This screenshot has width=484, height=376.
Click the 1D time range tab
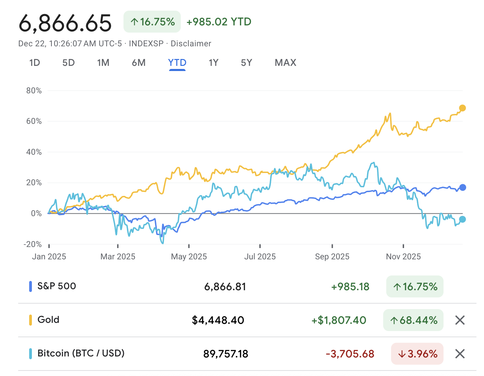click(35, 63)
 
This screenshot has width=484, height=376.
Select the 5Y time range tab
click(246, 63)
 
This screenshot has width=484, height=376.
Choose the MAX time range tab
click(285, 63)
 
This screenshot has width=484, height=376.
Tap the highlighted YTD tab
click(177, 63)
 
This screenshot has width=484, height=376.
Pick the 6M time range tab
click(139, 63)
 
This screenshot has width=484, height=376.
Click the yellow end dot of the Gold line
click(462, 108)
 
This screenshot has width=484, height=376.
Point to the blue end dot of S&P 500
click(462, 187)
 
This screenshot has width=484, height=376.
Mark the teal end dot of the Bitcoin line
click(462, 219)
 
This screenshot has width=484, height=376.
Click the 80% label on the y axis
click(34, 91)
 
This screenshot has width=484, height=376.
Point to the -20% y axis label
click(33, 244)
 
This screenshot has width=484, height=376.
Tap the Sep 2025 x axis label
click(332, 257)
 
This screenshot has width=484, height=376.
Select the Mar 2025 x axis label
click(118, 257)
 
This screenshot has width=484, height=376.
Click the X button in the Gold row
click(460, 320)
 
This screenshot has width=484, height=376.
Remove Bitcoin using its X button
click(460, 354)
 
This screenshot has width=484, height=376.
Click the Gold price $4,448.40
click(218, 320)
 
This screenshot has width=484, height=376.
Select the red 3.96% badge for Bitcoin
click(417, 354)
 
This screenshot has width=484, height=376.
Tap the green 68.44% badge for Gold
click(413, 320)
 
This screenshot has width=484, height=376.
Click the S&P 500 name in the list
click(57, 286)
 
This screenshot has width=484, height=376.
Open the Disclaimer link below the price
click(191, 44)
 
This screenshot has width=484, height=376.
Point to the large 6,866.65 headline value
click(65, 23)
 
